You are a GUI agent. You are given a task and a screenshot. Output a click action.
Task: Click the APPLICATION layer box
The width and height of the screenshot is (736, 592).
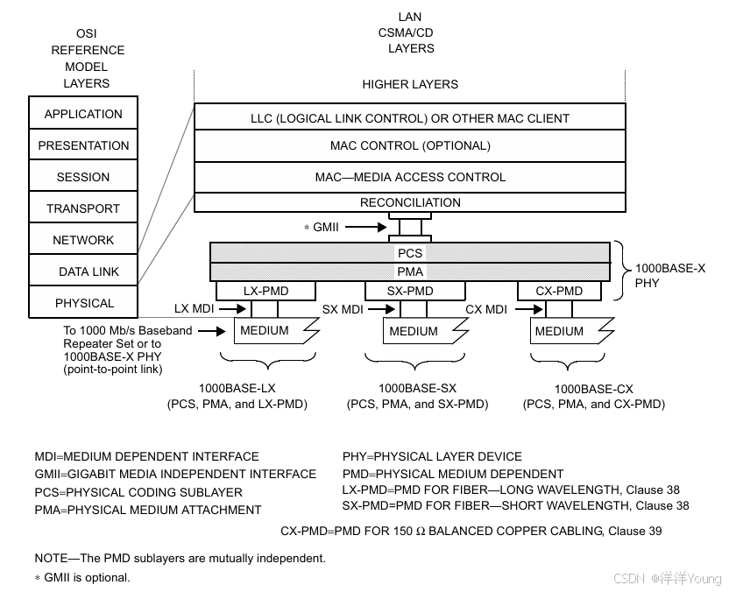tap(83, 114)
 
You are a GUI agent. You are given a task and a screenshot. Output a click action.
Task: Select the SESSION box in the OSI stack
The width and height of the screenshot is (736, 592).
tap(83, 177)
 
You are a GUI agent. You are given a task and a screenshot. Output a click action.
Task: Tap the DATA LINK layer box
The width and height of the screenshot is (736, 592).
tap(83, 271)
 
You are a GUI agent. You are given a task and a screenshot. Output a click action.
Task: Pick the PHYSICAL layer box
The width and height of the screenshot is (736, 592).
tap(83, 303)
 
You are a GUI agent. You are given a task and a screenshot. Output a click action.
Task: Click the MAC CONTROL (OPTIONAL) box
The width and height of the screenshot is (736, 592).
tap(410, 145)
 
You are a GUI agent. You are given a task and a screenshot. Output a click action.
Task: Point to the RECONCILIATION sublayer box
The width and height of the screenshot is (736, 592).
tap(410, 202)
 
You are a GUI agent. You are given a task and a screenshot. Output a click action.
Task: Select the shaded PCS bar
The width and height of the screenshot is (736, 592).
tap(410, 253)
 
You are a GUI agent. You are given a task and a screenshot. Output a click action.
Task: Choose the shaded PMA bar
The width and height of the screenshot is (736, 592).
tap(410, 271)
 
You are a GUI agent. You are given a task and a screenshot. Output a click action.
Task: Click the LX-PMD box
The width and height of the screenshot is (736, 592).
tap(265, 291)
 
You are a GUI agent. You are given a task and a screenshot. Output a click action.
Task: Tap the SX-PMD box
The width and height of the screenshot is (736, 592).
tap(410, 291)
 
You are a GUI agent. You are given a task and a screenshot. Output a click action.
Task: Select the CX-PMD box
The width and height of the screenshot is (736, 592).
tap(558, 291)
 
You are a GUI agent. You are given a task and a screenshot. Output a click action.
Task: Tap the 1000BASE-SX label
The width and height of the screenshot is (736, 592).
tap(418, 388)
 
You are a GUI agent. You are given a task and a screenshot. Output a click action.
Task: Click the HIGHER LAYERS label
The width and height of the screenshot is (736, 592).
tap(410, 84)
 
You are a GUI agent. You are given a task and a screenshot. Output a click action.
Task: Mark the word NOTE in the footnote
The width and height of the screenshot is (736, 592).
tap(51, 558)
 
